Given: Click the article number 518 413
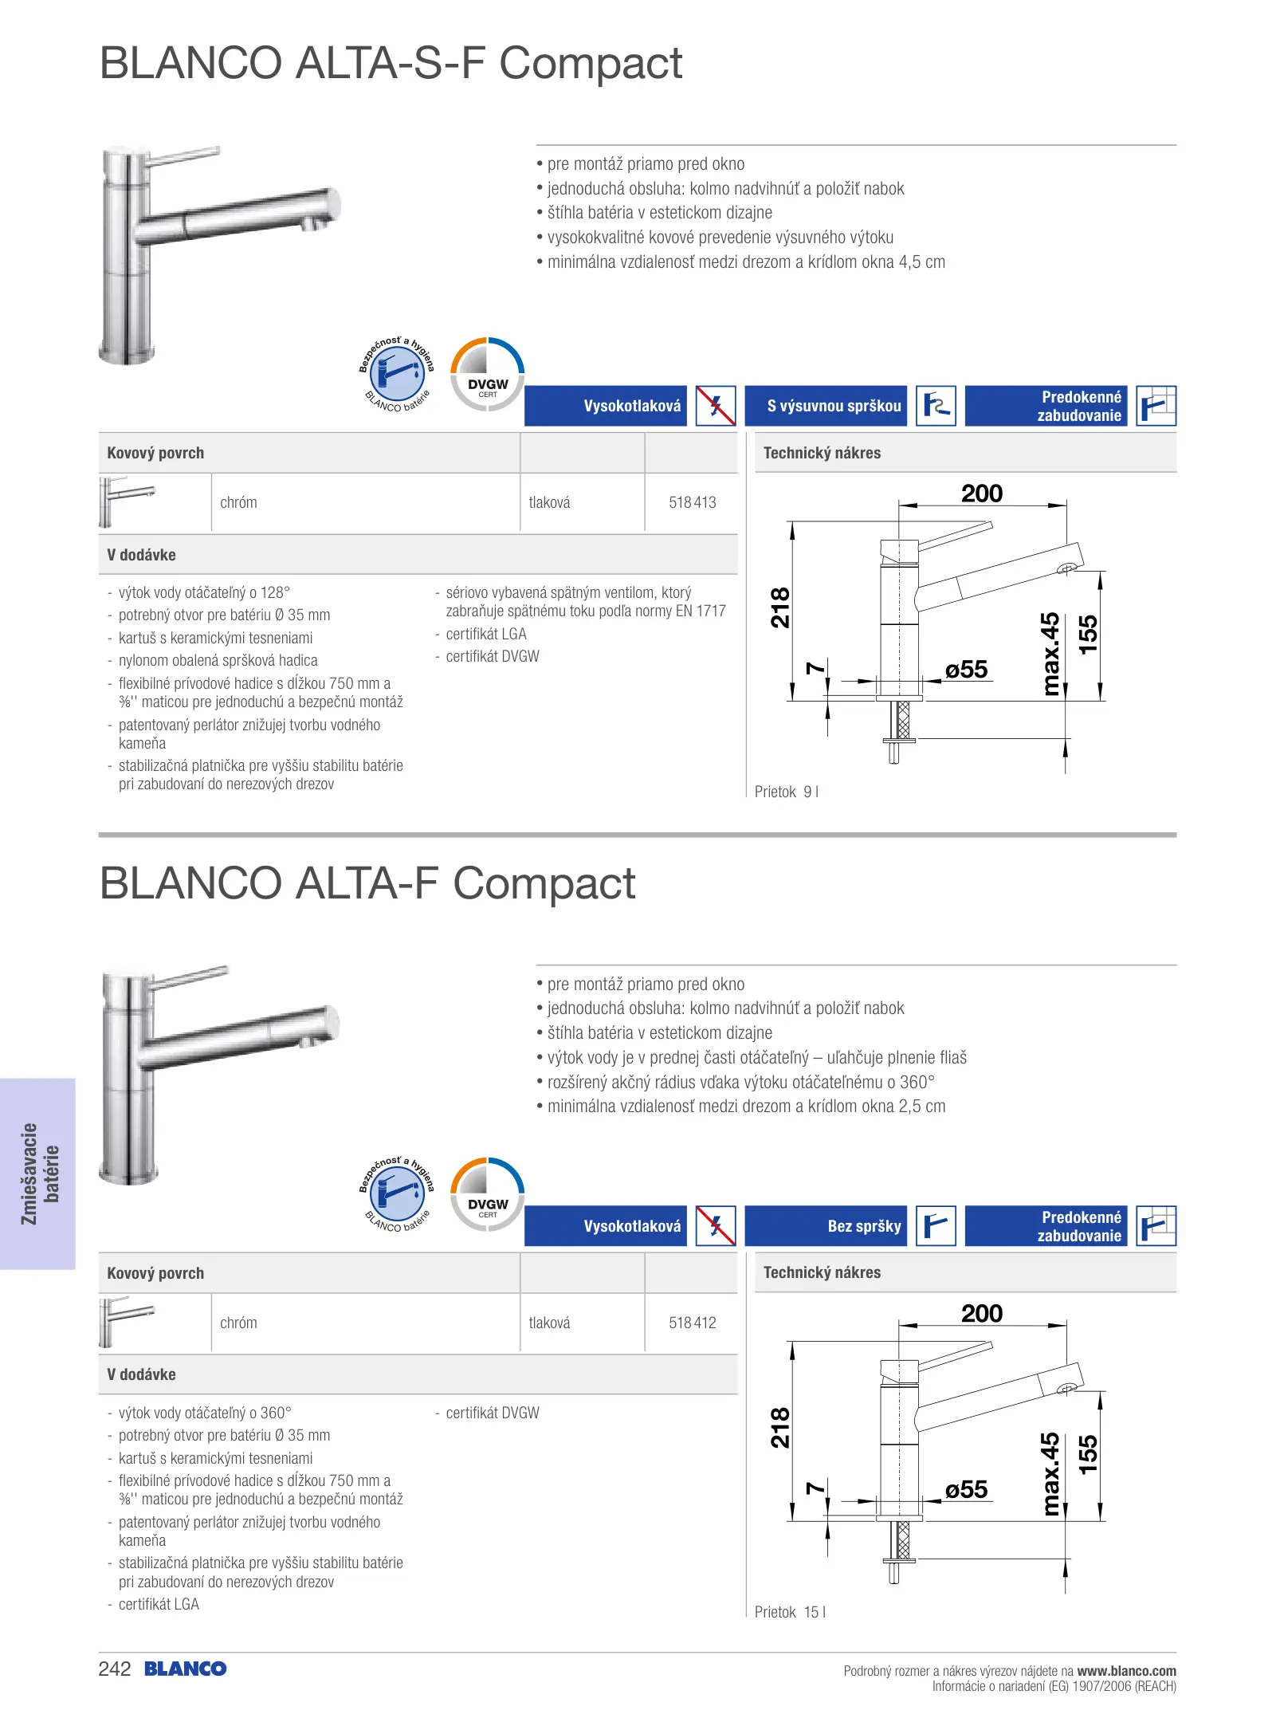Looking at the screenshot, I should pos(692,502).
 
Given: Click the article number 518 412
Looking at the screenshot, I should pos(692,1323).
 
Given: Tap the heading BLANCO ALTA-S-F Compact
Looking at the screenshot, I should pos(391,63).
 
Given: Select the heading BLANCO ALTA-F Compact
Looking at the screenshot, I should pos(367,883).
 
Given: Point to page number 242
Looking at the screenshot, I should pos(115,1669).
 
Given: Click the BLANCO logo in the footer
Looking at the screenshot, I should pos(186,1669).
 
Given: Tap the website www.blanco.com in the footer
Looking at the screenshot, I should pos(1126,1670).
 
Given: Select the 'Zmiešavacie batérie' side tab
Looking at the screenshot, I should pos(38,1174).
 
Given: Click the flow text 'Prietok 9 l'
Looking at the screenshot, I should pos(786,792).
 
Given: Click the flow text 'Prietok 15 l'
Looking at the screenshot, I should pos(789,1612).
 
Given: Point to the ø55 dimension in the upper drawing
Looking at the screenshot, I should pos(966,670).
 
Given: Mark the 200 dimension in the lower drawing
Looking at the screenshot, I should pos(981,1313).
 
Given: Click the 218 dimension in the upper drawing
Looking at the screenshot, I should pos(780,607).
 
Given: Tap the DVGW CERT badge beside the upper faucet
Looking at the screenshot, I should pos(488,374).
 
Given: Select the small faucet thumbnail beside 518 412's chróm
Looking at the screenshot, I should pos(126,1321).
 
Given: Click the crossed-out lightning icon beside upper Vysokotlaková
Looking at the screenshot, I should pos(716,406).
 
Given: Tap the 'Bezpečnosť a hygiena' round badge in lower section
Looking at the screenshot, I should pos(397,1193).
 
